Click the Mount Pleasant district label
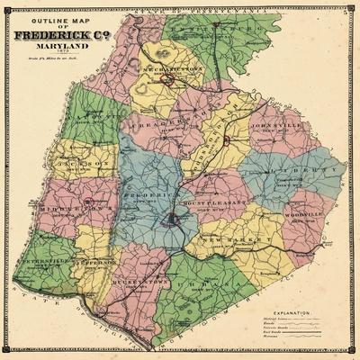pos(206,206)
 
